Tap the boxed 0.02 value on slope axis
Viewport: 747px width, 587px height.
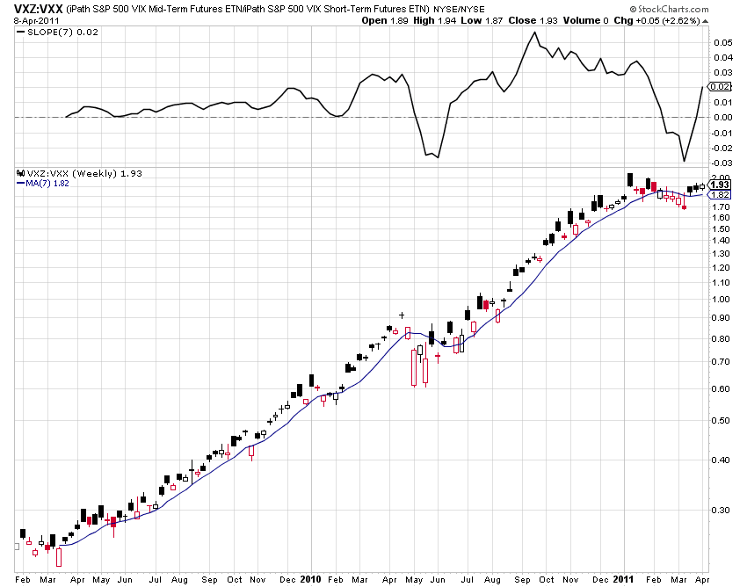tap(721, 86)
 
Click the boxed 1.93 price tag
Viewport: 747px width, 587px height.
tap(721, 185)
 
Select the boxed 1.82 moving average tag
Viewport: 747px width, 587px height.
tap(721, 194)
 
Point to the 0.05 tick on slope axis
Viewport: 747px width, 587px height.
tap(722, 41)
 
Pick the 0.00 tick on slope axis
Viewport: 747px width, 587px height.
tap(722, 117)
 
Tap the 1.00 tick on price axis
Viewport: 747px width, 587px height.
tap(721, 299)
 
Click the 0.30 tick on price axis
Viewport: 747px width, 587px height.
tap(721, 510)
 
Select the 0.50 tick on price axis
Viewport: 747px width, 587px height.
tap(721, 420)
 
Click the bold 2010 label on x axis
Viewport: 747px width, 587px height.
tap(311, 579)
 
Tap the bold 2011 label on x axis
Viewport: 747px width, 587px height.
tap(623, 579)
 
